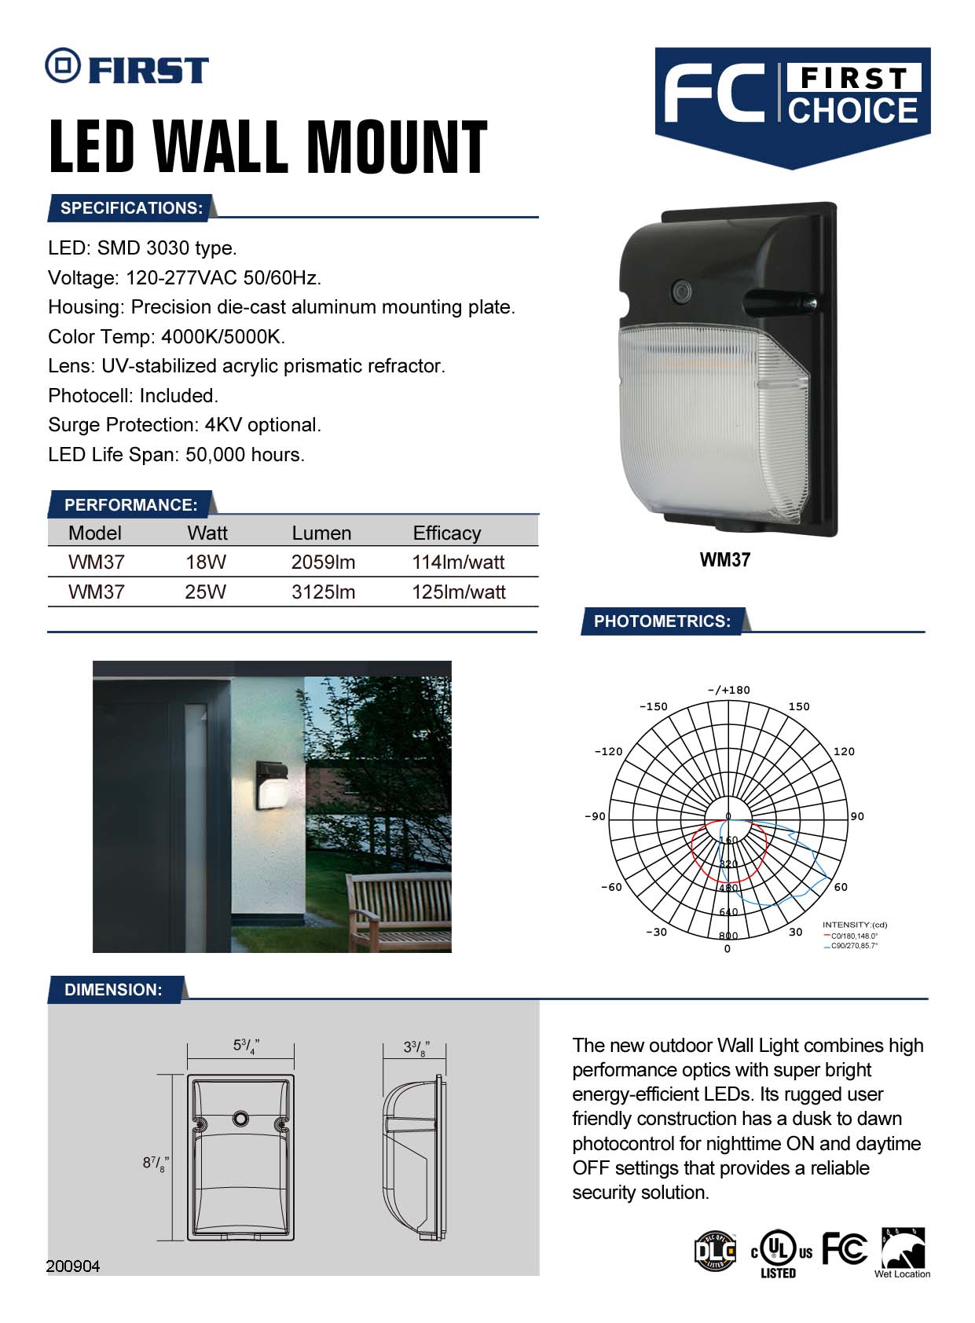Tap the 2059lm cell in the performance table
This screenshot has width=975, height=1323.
pyautogui.click(x=323, y=562)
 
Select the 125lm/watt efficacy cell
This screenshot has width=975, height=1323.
pyautogui.click(x=458, y=592)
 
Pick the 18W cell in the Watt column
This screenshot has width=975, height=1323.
pyautogui.click(x=206, y=562)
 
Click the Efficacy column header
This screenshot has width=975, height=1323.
pyautogui.click(x=446, y=533)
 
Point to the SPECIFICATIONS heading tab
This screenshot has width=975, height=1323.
pyautogui.click(x=131, y=208)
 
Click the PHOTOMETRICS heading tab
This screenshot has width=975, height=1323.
pyautogui.click(x=662, y=621)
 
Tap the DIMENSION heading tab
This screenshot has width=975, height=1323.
pyautogui.click(x=113, y=990)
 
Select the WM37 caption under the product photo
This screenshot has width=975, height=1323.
pyautogui.click(x=724, y=560)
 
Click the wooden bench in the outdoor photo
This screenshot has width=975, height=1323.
pyautogui.click(x=398, y=907)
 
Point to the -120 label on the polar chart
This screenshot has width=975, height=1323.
pyautogui.click(x=608, y=752)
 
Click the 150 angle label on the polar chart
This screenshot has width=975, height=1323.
pyautogui.click(x=799, y=706)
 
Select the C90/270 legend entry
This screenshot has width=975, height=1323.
pyautogui.click(x=852, y=946)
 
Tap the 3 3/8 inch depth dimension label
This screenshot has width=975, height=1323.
pyautogui.click(x=415, y=1047)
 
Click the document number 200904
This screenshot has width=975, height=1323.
pyautogui.click(x=73, y=1266)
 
